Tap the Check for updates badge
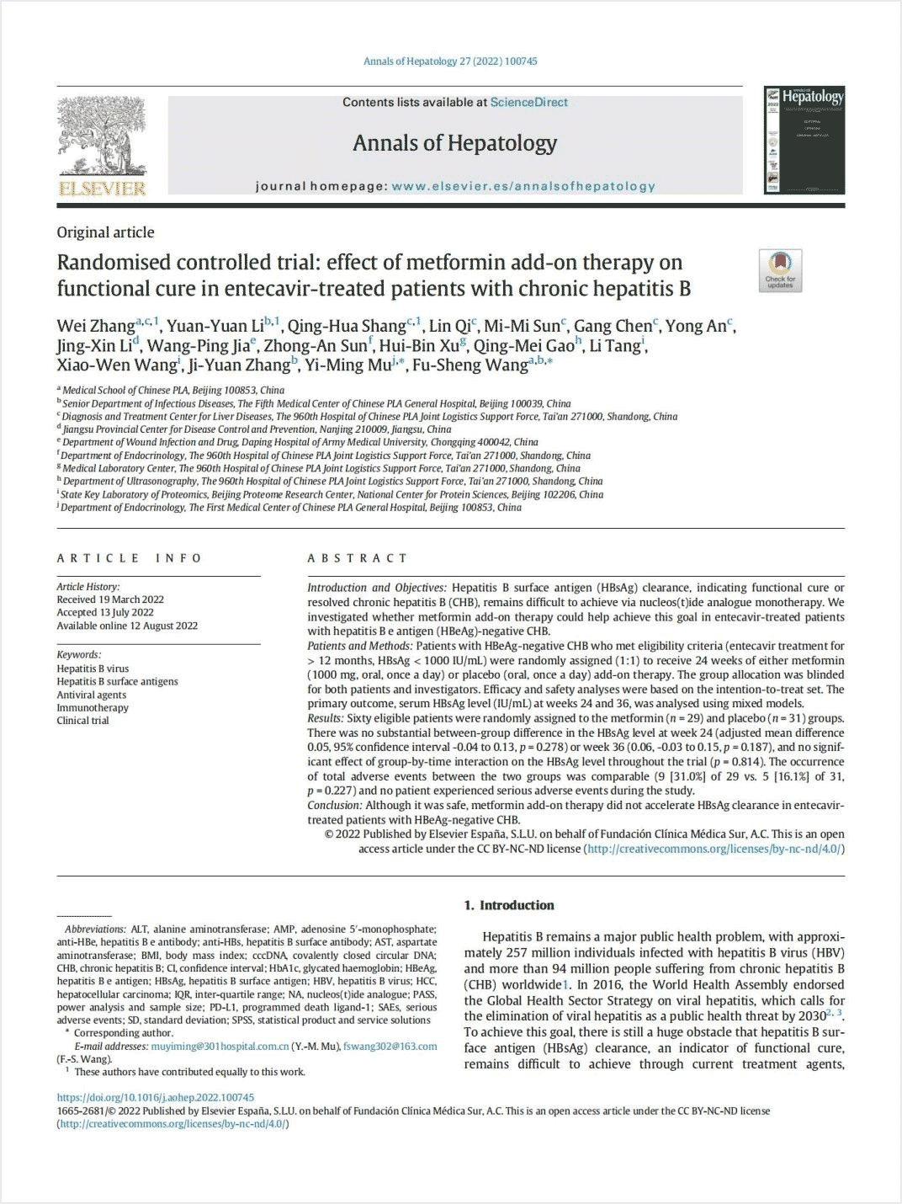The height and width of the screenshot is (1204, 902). [x=780, y=270]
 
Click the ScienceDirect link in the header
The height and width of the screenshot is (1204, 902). [x=529, y=102]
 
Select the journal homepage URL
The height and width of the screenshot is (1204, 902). [x=523, y=186]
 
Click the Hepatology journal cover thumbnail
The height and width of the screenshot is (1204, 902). [x=804, y=140]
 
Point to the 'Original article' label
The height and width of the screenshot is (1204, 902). [x=105, y=232]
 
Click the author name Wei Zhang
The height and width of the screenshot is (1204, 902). [x=95, y=326]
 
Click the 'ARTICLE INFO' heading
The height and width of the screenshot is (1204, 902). [x=130, y=558]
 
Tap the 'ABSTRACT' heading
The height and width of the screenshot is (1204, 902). [x=358, y=558]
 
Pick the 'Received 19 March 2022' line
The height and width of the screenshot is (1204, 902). [x=110, y=599]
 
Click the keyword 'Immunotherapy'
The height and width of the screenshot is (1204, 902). [x=93, y=707]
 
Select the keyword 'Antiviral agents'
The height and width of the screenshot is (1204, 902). [x=91, y=695]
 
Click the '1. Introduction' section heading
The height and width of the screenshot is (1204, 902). [x=509, y=905]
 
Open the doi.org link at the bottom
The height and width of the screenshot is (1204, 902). [x=155, y=1097]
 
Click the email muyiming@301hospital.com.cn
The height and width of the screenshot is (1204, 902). [x=220, y=1047]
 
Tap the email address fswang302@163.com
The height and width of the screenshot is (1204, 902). [x=390, y=1047]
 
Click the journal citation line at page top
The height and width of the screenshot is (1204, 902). [x=450, y=61]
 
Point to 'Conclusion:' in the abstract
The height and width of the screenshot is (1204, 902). [x=333, y=805]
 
